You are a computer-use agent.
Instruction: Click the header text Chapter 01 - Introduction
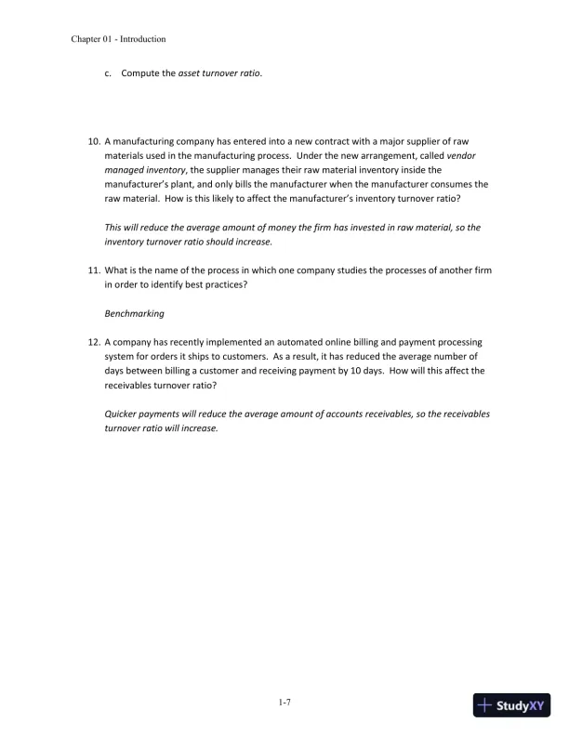118,39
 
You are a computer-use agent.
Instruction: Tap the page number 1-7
284,703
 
